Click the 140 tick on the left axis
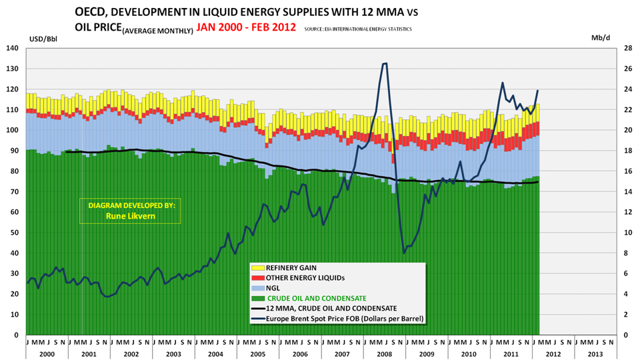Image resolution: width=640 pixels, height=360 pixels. tap(13, 49)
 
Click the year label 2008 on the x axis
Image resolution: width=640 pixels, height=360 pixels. tap(385, 354)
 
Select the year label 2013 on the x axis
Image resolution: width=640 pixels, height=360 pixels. tap(596, 354)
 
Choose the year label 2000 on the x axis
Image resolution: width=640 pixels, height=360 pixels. tap(47, 354)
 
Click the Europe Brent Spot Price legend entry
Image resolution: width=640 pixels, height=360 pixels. tap(345, 319)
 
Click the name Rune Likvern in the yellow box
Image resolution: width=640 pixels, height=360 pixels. tap(131, 216)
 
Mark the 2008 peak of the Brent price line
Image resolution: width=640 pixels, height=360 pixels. tap(385, 64)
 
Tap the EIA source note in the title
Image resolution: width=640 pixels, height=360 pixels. tap(357, 29)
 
